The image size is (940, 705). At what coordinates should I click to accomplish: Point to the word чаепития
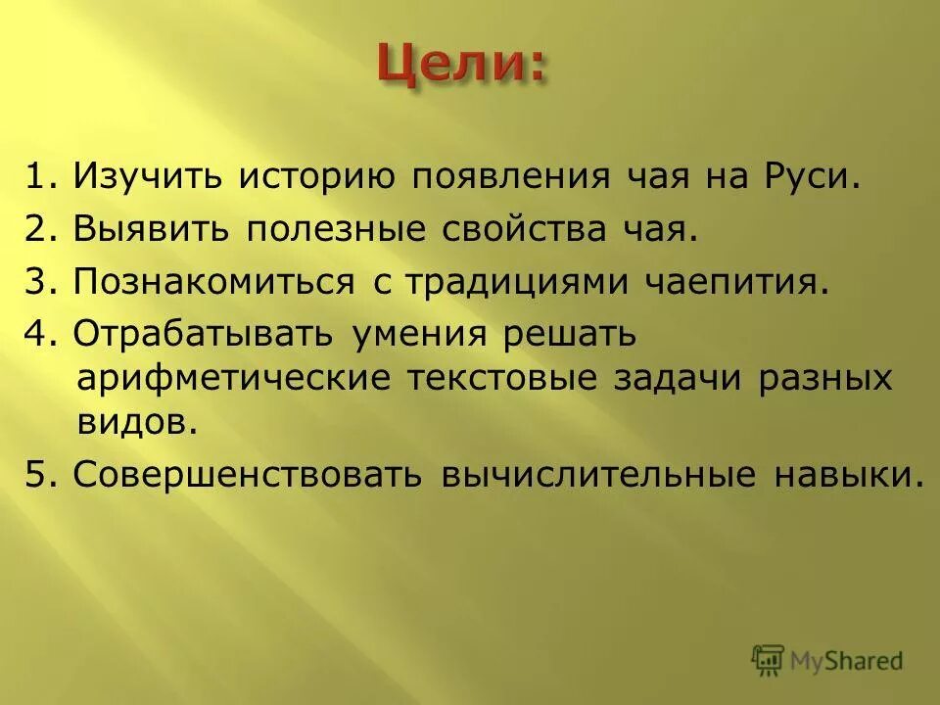coord(737,283)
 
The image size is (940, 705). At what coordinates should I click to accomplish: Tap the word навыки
coord(848,474)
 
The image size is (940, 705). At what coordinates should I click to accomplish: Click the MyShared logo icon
coord(768,659)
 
